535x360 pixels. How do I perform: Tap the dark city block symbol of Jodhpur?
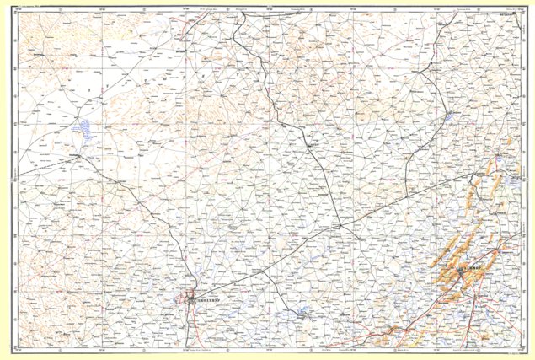point(190,298)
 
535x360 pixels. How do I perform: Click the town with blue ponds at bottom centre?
point(302,315)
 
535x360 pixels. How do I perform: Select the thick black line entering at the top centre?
point(238,25)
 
